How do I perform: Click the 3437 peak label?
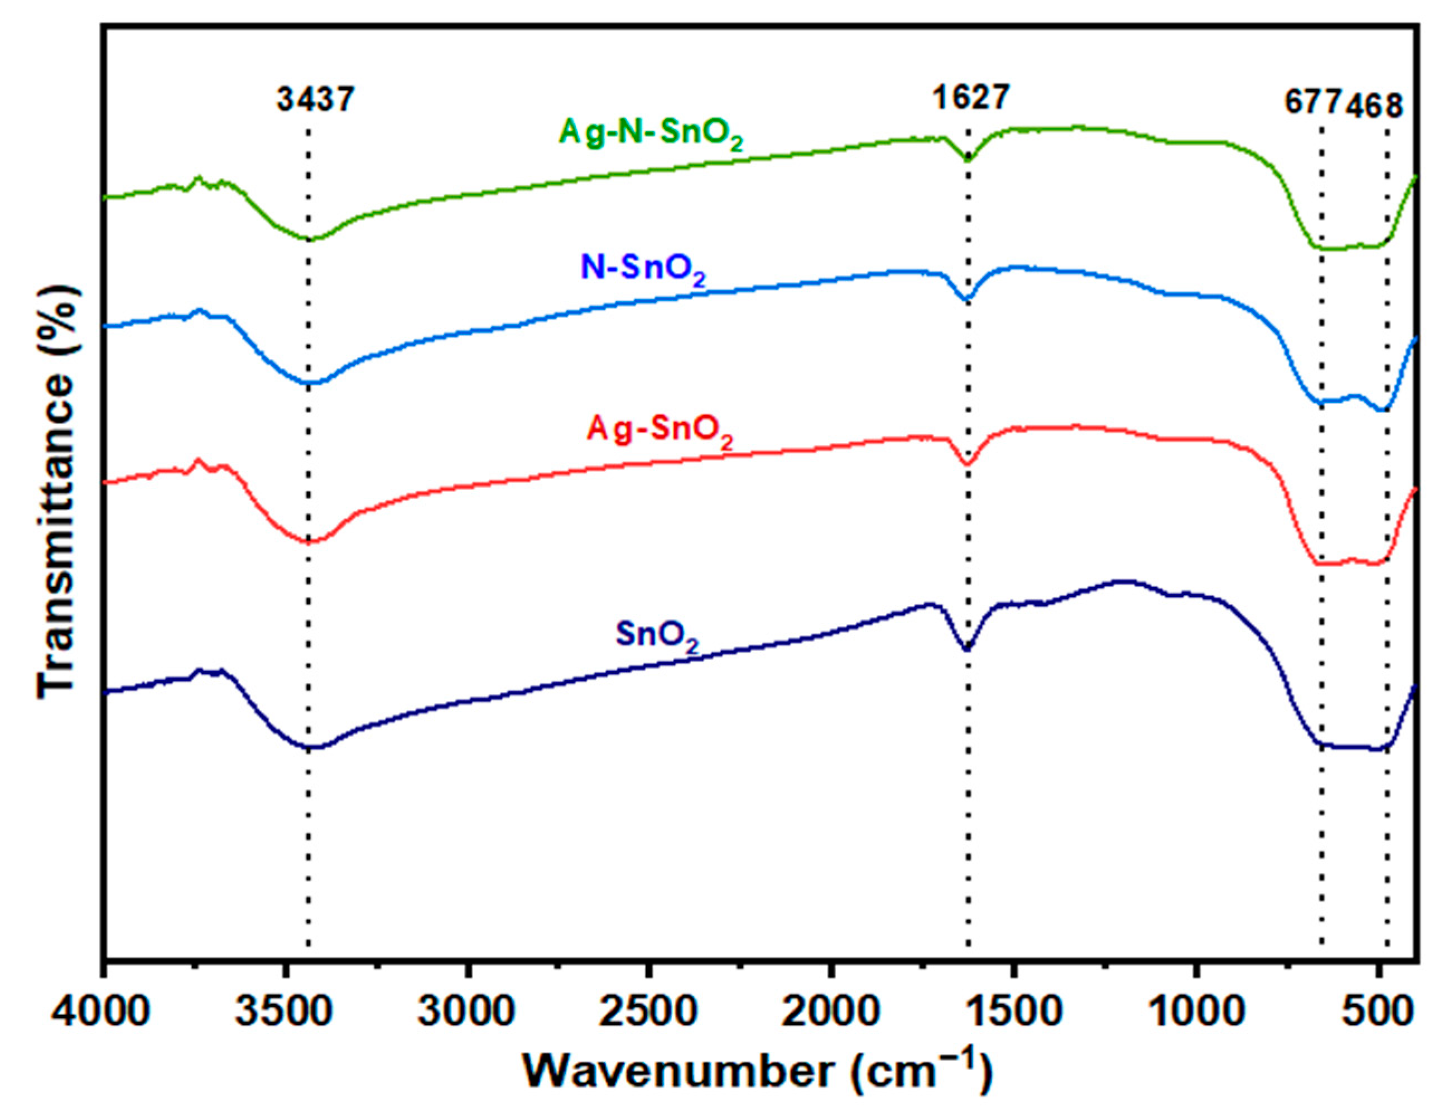315,100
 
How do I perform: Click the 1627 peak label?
970,99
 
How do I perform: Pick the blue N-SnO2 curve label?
642,270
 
